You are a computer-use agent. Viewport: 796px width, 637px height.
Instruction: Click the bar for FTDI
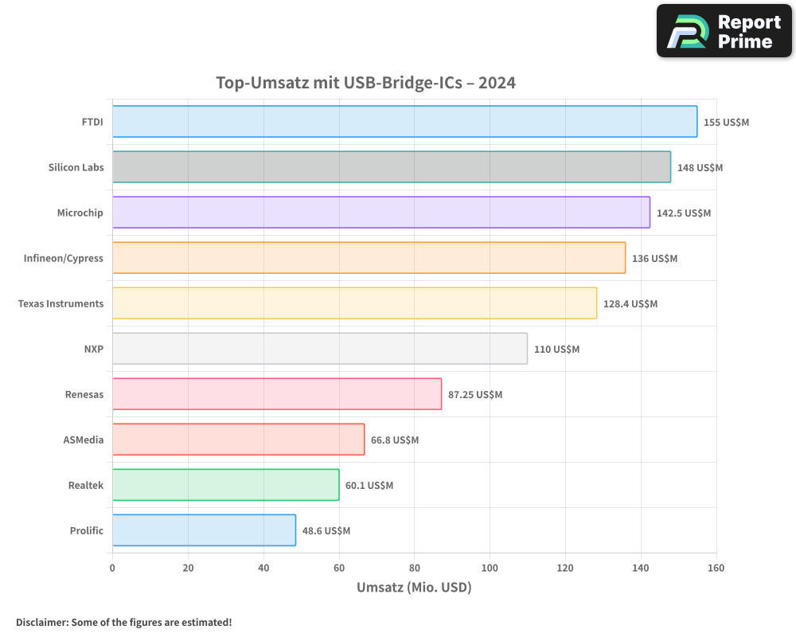click(x=404, y=122)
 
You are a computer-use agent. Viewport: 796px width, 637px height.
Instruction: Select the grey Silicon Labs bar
click(x=391, y=167)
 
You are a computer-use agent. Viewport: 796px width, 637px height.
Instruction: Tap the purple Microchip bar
click(x=380, y=213)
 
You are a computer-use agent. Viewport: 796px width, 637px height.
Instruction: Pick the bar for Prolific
click(x=204, y=530)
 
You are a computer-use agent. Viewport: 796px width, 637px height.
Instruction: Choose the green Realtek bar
click(x=225, y=485)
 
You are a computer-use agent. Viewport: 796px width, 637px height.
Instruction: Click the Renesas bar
click(x=276, y=394)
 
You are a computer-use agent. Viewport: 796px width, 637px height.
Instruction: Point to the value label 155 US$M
click(x=726, y=123)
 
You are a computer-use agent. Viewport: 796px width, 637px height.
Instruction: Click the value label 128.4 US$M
click(x=630, y=304)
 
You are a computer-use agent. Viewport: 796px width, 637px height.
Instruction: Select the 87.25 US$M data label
click(x=475, y=395)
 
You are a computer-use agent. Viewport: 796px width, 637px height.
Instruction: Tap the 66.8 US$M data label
click(x=395, y=440)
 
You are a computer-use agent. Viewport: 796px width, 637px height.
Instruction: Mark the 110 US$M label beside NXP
click(x=556, y=350)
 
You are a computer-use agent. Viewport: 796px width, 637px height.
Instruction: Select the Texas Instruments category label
click(x=60, y=303)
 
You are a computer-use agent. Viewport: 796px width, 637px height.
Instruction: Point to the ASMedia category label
click(x=84, y=440)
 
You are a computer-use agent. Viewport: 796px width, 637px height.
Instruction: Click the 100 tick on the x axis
click(x=490, y=568)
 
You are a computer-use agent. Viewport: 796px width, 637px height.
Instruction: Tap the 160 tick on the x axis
click(x=716, y=568)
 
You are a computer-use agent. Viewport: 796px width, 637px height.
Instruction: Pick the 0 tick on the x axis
click(x=112, y=568)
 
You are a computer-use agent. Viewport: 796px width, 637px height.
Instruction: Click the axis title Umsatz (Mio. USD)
click(x=414, y=588)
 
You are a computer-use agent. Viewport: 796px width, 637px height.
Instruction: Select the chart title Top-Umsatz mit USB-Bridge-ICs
click(x=366, y=83)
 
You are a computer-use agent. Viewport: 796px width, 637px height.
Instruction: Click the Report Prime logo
click(x=724, y=31)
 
